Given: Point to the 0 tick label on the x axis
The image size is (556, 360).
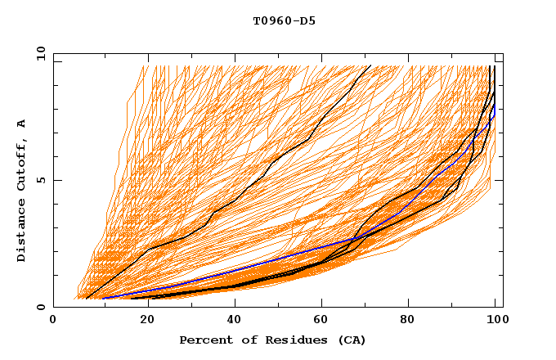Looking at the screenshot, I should click(53, 321).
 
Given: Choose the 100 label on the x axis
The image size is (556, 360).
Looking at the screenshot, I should click(493, 321).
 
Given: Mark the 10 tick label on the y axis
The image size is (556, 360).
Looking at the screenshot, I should click(40, 53).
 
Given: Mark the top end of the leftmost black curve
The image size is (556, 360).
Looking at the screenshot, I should click(370, 65).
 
